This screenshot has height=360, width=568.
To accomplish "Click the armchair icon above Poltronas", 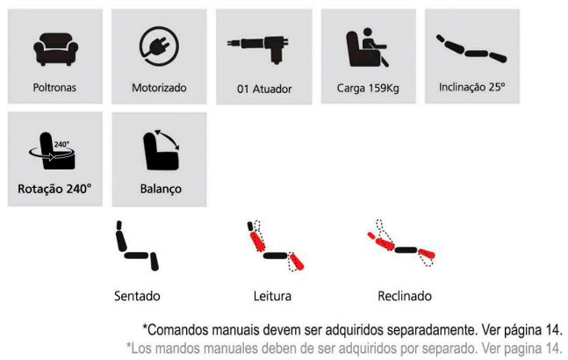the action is (55, 49).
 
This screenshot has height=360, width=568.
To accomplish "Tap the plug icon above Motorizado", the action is (159, 47).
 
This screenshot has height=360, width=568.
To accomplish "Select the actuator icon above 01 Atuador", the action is (259, 47).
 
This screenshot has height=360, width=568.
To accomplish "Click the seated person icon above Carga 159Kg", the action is (368, 47).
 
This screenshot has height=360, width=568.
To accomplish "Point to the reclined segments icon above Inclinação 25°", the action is (471, 49).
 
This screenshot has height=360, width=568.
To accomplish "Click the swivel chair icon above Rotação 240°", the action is (53, 151).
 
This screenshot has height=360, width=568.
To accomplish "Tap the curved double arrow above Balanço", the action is (167, 140).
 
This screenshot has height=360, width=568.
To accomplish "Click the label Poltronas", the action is (54, 88).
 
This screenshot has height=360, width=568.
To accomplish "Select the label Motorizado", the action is (159, 88).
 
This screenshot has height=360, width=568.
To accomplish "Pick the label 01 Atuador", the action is (264, 89).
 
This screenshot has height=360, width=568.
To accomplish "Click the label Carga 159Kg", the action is (368, 89).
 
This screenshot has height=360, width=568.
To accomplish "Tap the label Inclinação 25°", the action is (471, 87).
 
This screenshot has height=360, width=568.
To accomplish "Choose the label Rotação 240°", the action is (54, 189).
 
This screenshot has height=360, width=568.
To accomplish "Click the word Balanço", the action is (161, 189).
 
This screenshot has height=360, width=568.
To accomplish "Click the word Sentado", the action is (137, 296).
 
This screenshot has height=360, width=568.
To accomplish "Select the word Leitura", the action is (272, 296).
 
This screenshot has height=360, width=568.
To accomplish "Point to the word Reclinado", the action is (405, 296).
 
